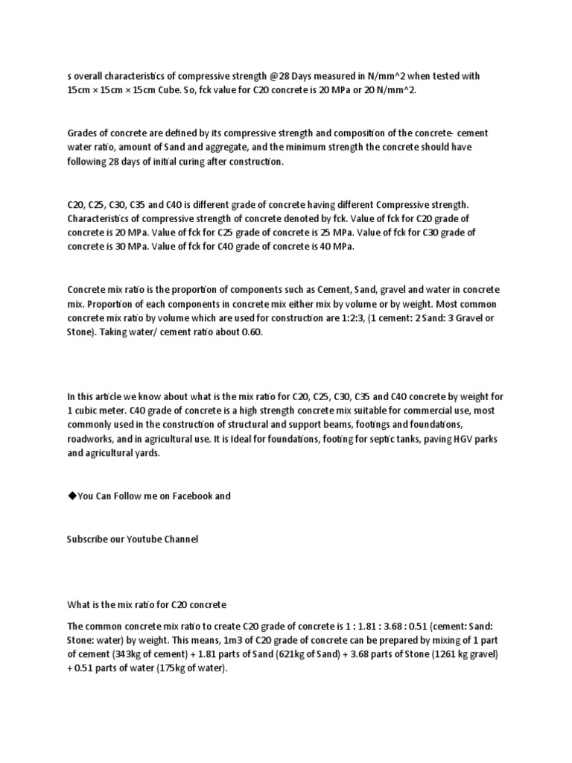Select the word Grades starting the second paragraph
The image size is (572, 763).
83,133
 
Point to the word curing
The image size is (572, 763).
210,161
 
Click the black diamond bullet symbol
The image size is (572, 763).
71,496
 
